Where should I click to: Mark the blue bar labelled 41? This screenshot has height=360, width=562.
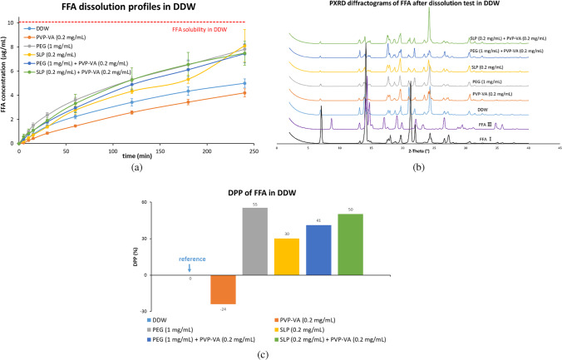click(318, 249)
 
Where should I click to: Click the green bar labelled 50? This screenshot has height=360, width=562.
click(351, 244)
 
